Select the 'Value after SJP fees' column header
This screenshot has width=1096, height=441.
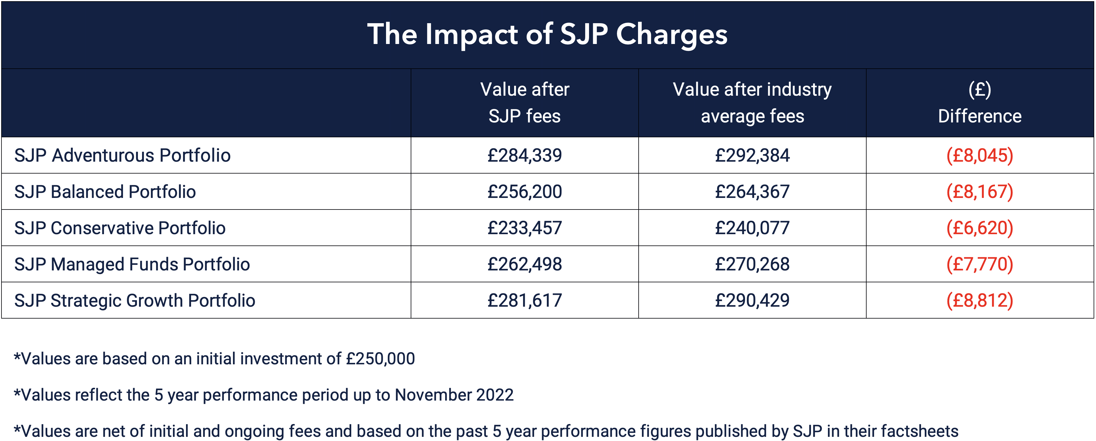click(524, 103)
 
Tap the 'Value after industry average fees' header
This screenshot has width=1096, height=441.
click(752, 103)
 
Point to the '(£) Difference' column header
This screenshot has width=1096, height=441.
click(980, 103)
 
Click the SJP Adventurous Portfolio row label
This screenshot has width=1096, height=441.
click(122, 155)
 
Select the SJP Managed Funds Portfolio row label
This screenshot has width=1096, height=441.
click(132, 264)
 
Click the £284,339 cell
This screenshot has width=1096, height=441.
click(524, 155)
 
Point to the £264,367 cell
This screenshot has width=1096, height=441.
click(752, 192)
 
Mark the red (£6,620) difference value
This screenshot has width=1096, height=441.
click(980, 228)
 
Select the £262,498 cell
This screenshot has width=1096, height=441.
click(524, 264)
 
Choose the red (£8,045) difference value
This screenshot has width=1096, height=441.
click(980, 155)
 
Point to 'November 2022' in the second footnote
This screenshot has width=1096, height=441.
click(454, 395)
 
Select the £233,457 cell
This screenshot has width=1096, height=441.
click(524, 228)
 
